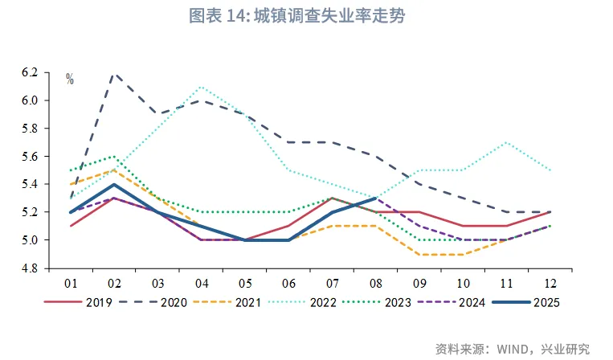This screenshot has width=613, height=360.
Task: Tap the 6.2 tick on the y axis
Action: click(x=30, y=72)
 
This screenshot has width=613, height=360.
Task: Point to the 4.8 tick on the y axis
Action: click(x=30, y=268)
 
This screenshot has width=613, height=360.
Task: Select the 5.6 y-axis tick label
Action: click(x=30, y=156)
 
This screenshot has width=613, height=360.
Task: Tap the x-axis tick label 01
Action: click(x=71, y=283)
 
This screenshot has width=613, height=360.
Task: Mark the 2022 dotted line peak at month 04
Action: click(x=201, y=87)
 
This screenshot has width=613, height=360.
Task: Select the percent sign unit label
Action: click(x=70, y=79)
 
